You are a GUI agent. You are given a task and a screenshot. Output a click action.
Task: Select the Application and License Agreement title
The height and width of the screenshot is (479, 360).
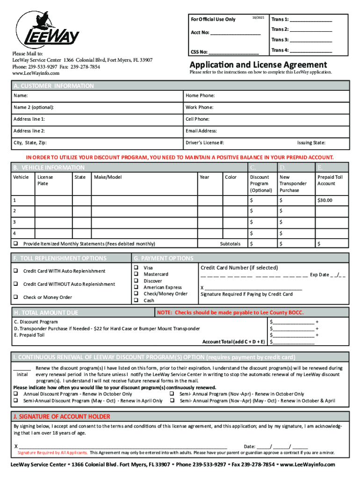pyautogui.click(x=258, y=65)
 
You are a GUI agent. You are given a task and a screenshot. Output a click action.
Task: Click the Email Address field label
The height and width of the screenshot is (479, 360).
pyautogui.click(x=201, y=131)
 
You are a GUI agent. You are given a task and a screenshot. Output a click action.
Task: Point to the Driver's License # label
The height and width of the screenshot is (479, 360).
pyautogui.click(x=204, y=143)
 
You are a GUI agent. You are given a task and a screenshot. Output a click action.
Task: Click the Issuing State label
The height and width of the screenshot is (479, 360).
pyautogui.click(x=311, y=143)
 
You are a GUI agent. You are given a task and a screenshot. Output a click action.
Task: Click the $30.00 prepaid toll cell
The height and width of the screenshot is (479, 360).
pyautogui.click(x=324, y=200)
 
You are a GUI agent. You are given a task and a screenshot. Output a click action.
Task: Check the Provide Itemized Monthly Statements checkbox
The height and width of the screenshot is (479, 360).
pyautogui.click(x=16, y=244)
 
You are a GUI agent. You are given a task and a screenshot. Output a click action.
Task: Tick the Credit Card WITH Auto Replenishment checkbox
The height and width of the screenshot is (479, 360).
pyautogui.click(x=16, y=271)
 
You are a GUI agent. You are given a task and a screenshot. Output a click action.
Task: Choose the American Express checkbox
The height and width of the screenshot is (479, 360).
pyautogui.click(x=137, y=287)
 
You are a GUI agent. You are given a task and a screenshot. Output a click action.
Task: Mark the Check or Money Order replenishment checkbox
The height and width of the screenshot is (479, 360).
pyautogui.click(x=16, y=297)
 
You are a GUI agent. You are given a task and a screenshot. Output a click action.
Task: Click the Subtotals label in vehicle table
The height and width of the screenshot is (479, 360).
pyautogui.click(x=230, y=244)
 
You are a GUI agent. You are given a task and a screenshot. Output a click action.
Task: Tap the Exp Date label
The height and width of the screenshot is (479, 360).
pyautogui.click(x=320, y=275)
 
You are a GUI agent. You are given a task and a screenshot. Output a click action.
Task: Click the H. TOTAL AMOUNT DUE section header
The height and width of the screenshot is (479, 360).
pyautogui.click(x=46, y=312)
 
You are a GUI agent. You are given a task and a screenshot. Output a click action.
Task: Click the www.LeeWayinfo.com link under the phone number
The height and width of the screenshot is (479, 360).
pyautogui.click(x=36, y=73)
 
